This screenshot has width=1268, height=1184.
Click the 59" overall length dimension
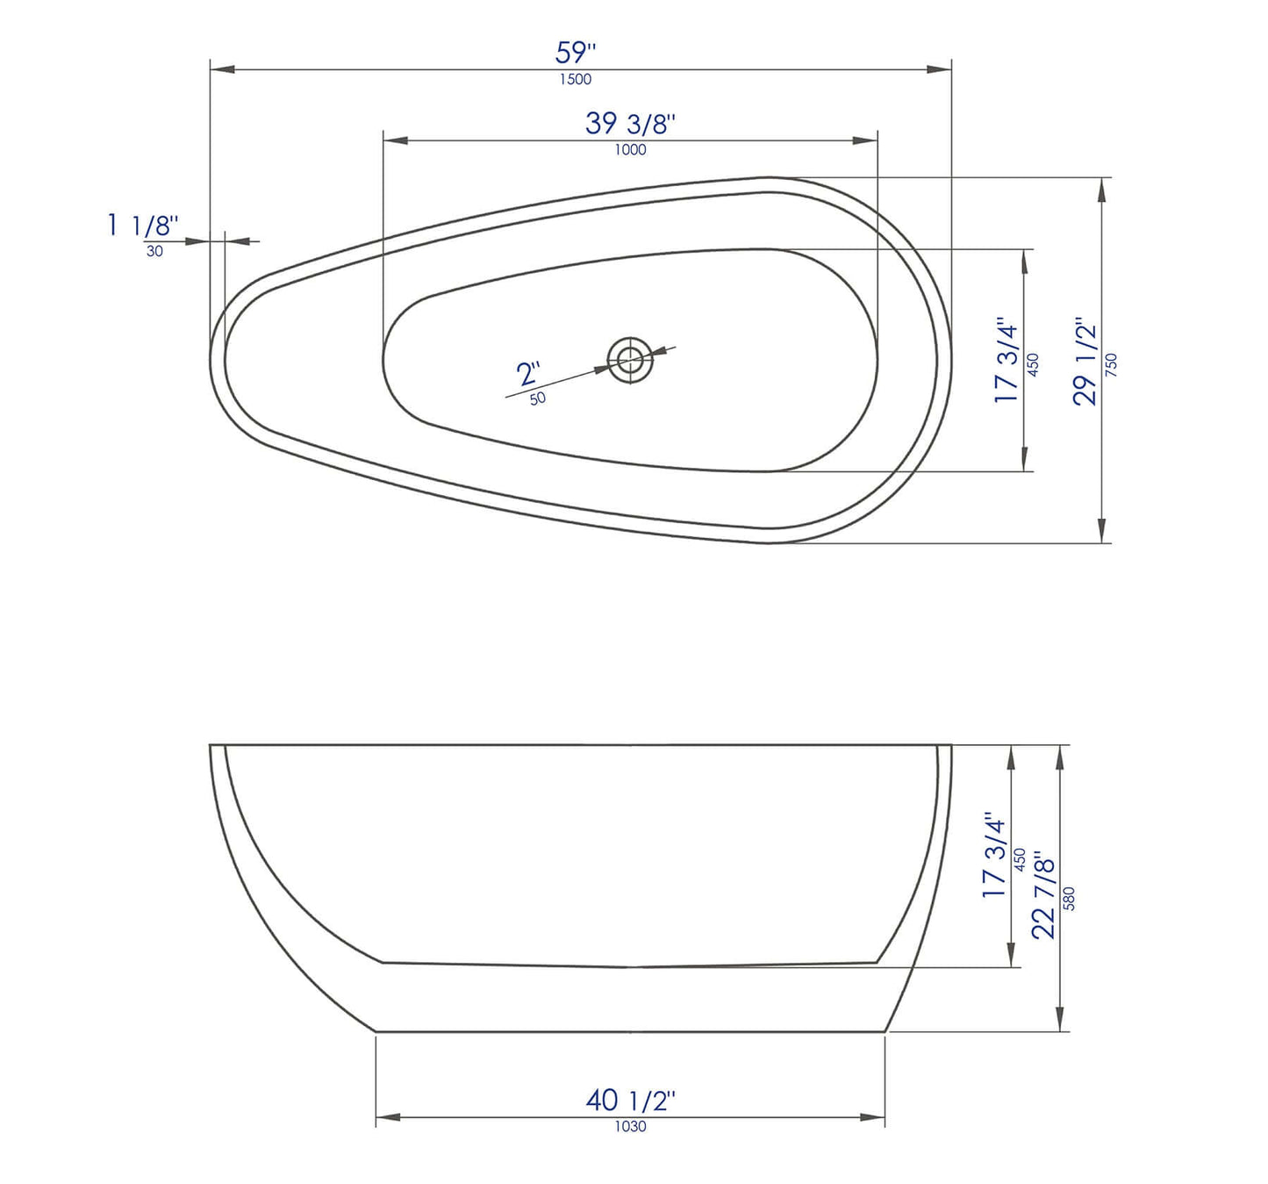[x=576, y=53]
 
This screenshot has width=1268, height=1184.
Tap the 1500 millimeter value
[x=576, y=79]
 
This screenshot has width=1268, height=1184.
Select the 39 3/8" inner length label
[x=630, y=124]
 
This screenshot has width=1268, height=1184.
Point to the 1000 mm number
[x=630, y=150]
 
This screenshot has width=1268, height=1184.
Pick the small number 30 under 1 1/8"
[x=154, y=251]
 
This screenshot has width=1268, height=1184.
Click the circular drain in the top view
[x=630, y=359]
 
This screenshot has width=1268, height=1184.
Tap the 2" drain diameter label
[x=528, y=374]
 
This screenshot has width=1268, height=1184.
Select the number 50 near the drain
[x=537, y=398]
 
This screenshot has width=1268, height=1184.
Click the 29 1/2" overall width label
[x=1086, y=361]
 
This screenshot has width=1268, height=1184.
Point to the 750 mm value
[x=1112, y=364]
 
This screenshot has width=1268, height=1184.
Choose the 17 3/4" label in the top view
[x=1007, y=361]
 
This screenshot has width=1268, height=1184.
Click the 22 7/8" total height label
[x=1044, y=893]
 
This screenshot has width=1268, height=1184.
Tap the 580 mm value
[x=1069, y=898]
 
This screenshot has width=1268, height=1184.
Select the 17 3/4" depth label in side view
[x=993, y=854]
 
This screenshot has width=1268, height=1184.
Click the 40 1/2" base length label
[x=630, y=1100]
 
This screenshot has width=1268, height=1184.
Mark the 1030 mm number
[x=630, y=1126]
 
